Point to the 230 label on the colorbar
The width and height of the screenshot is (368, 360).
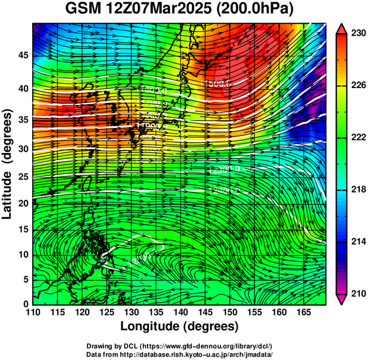click(x=358, y=34)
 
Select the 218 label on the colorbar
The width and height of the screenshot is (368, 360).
click(x=358, y=189)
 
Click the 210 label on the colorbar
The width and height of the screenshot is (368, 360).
click(x=358, y=293)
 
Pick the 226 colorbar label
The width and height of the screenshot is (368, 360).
click(x=358, y=86)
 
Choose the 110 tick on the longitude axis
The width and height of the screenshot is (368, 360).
click(x=33, y=313)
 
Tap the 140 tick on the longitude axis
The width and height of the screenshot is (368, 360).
click(x=180, y=313)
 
